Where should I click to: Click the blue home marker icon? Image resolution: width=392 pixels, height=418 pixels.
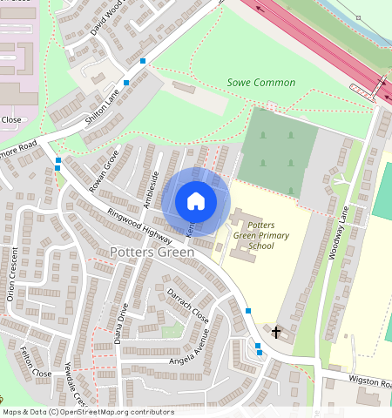(x=196, y=201)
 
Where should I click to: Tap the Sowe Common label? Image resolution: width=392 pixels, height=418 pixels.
(x=260, y=83)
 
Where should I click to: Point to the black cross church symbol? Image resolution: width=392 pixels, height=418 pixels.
(x=277, y=332)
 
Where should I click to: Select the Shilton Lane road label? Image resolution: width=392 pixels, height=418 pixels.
(x=101, y=110)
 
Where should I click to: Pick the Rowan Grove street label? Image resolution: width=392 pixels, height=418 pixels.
(x=104, y=170)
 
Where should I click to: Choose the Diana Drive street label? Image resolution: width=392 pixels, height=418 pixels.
(x=122, y=324)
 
